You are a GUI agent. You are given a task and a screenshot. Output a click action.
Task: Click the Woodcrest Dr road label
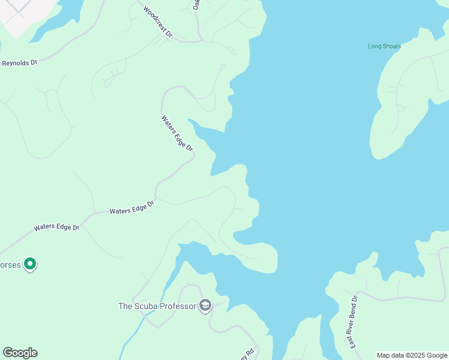157,22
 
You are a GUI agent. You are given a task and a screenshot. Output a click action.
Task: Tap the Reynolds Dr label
19,62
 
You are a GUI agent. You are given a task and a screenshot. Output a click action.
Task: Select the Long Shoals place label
384,46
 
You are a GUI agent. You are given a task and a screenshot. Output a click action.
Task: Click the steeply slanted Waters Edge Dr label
177,133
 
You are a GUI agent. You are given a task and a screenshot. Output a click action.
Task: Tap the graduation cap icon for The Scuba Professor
205,305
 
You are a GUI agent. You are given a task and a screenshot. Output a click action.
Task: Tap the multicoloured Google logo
20,353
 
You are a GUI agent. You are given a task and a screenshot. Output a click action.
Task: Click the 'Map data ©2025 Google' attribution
412,355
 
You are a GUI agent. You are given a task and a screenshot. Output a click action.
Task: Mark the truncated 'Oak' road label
196,4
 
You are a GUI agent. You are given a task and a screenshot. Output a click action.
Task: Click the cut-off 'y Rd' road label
249,354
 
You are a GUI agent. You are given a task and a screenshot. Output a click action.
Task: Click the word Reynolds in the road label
15,63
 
